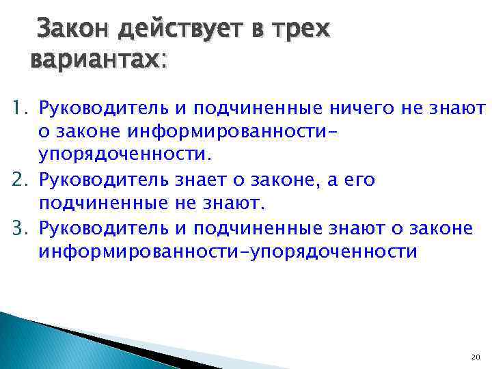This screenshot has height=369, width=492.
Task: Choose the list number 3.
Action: point(16,227)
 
